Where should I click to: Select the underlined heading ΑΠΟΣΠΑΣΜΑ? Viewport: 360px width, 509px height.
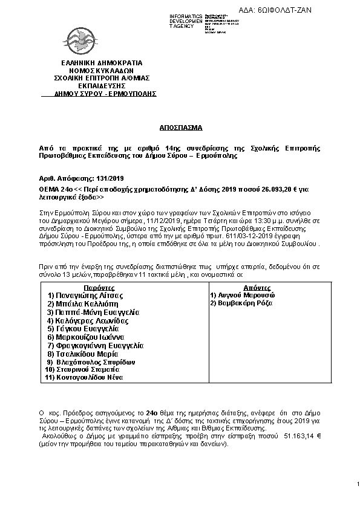coord(180,129)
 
